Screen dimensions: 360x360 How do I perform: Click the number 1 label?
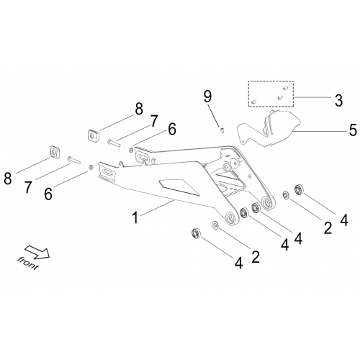coord(135,218)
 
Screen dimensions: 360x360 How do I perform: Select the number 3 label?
coord(338,100)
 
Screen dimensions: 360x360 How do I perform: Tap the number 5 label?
coord(353,130)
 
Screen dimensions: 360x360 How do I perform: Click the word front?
coord(28,264)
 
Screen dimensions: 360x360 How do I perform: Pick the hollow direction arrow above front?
coord(37,252)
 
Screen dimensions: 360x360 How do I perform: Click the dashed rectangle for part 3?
coord(271,94)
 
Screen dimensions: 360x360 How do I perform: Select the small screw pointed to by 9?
coord(222,130)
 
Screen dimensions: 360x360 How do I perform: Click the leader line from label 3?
coord(312,97)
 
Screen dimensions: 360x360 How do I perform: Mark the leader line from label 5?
coord(319,132)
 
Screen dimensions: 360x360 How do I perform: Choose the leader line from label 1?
coord(157,208)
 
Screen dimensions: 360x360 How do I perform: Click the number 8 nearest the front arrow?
coord(8,179)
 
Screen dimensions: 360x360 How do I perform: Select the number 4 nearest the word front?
coord(238,264)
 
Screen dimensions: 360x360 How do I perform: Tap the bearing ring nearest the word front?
coord(196,233)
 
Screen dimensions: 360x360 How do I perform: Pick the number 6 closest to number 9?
coord(172,129)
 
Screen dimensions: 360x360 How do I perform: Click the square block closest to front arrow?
coord(55,152)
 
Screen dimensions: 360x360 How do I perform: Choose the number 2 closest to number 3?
coord(328,228)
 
